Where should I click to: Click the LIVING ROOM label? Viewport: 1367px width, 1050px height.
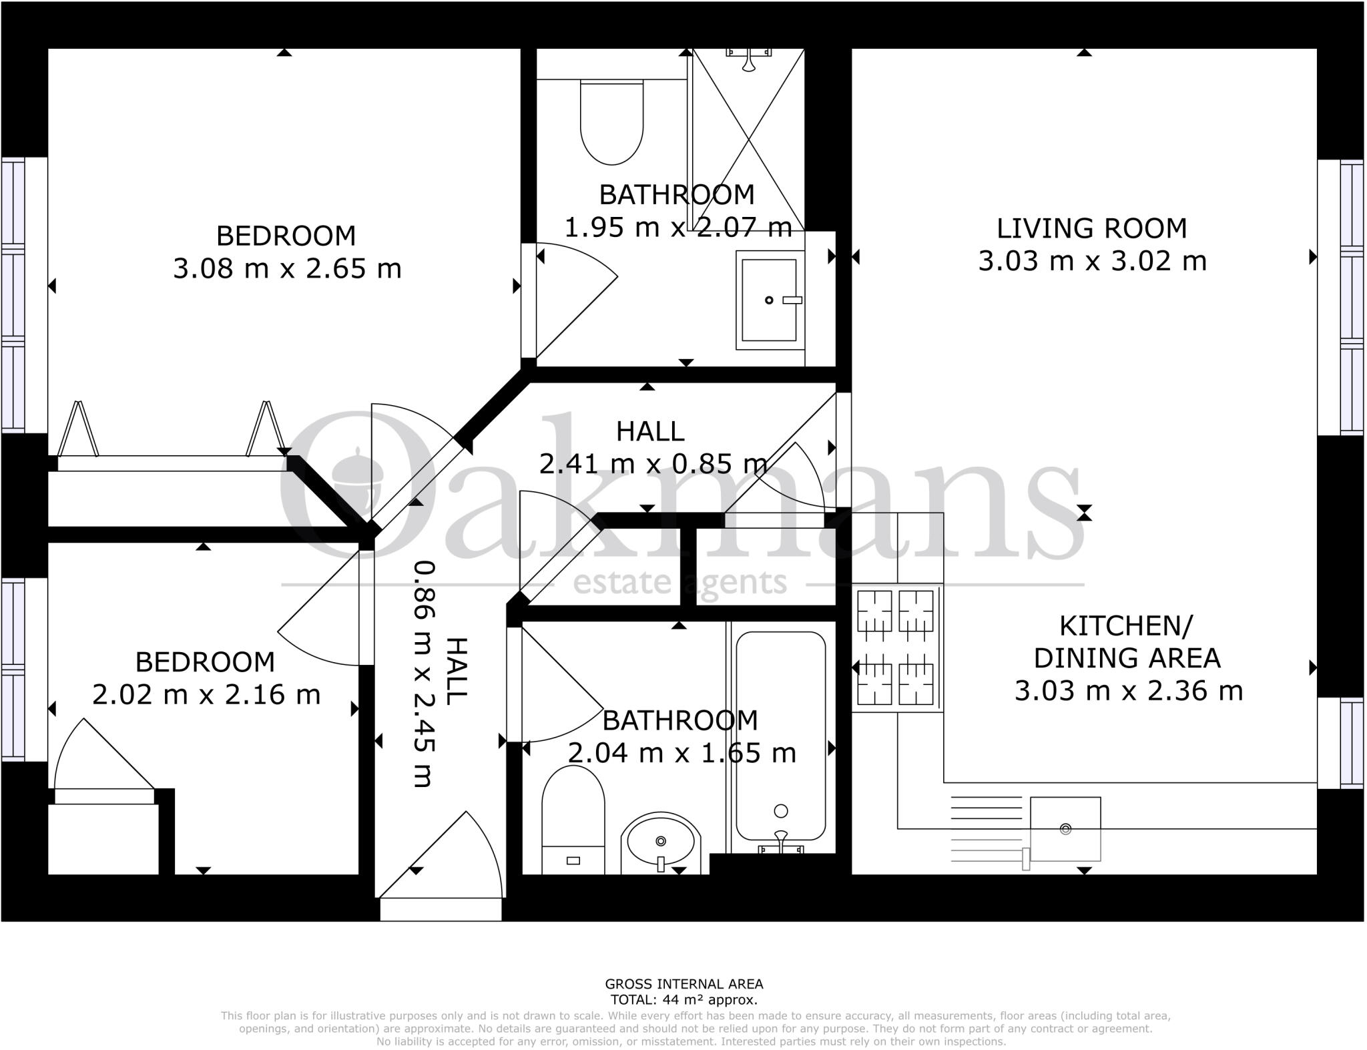click(x=1092, y=228)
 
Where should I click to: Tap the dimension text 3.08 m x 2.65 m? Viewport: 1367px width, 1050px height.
click(x=287, y=269)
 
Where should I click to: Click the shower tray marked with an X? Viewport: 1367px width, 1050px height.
click(x=748, y=140)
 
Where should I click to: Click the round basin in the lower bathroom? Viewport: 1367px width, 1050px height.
click(x=661, y=842)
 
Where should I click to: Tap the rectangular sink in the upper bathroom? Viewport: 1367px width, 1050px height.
click(x=770, y=300)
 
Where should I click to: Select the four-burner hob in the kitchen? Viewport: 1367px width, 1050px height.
click(x=895, y=647)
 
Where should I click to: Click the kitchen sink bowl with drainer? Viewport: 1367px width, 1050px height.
click(x=1065, y=828)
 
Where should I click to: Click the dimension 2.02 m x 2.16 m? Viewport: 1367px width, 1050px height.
click(x=206, y=695)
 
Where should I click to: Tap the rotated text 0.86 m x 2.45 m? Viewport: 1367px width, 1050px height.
click(x=423, y=674)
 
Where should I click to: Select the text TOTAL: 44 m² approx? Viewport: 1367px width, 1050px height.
click(x=683, y=1000)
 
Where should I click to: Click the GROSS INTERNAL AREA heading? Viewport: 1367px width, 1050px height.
click(x=683, y=984)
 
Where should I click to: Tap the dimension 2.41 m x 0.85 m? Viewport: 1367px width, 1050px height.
click(x=653, y=463)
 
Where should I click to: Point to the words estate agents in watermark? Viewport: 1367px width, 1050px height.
click(x=680, y=583)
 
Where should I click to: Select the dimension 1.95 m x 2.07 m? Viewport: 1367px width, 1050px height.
click(x=678, y=228)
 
